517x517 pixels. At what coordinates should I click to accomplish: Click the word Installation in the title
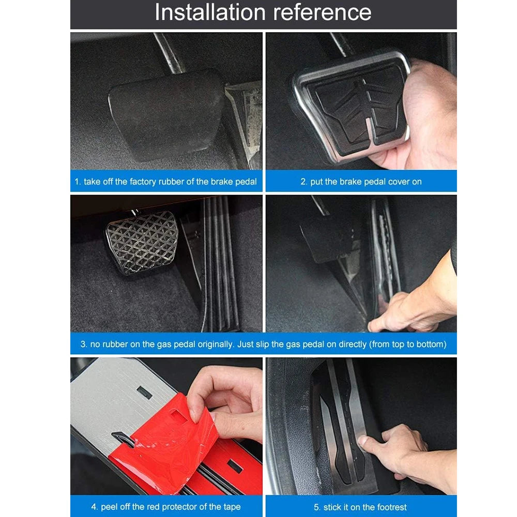click(210, 12)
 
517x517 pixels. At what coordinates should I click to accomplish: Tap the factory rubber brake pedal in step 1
click(166, 114)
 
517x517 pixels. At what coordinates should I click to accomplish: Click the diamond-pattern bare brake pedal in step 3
click(142, 242)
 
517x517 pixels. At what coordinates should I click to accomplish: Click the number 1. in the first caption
click(78, 181)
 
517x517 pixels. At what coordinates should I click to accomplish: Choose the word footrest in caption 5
click(390, 507)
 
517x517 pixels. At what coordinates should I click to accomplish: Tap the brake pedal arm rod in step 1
click(168, 53)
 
